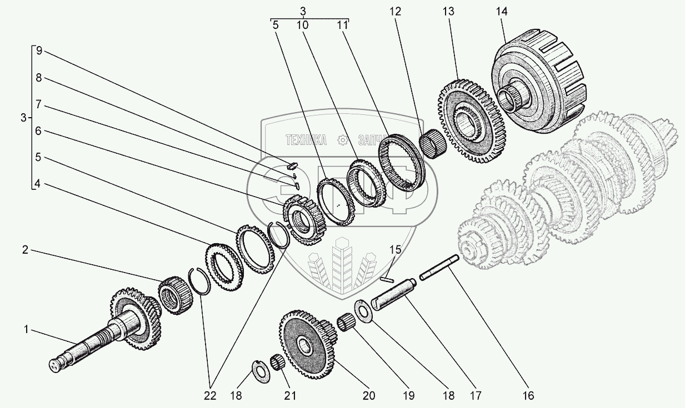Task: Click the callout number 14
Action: pyautogui.click(x=502, y=11)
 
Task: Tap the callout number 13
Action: pyautogui.click(x=448, y=11)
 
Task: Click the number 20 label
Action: pyautogui.click(x=368, y=395)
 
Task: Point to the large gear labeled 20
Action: pyautogui.click(x=306, y=344)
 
